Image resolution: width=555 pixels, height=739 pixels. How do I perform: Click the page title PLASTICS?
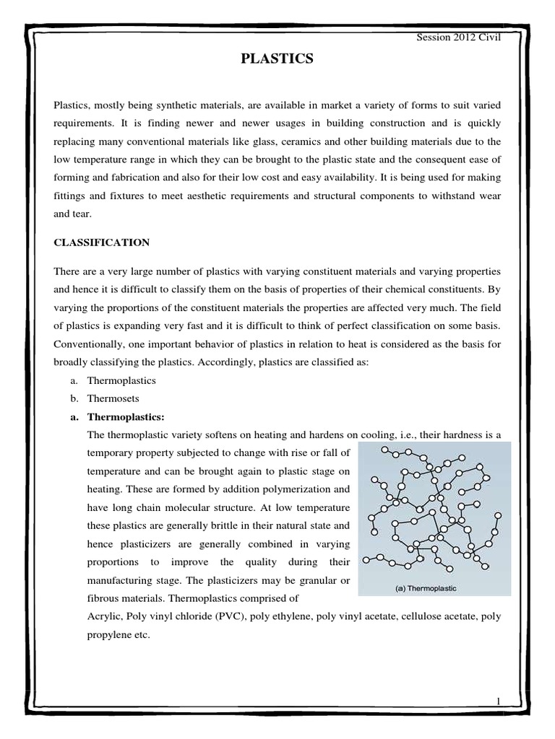pyautogui.click(x=277, y=60)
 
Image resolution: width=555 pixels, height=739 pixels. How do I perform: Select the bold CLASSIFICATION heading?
pyautogui.click(x=103, y=243)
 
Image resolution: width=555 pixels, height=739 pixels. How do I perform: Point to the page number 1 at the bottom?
pyautogui.click(x=498, y=701)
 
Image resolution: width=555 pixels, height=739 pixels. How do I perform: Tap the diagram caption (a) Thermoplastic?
pyautogui.click(x=426, y=588)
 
